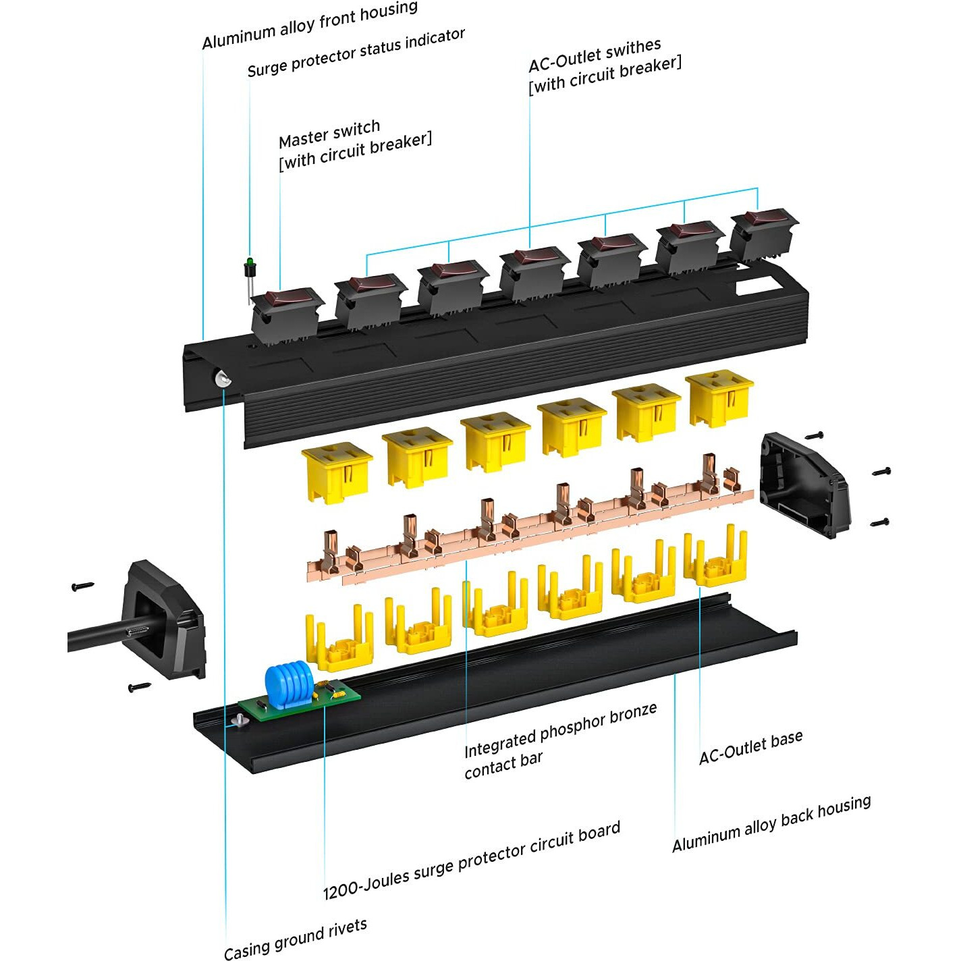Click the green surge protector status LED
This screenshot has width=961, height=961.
249,262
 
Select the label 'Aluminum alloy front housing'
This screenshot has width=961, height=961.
310,26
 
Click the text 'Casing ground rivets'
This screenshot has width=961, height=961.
295,939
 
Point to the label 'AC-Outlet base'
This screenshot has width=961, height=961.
750,747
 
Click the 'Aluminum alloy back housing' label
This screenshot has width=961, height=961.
771,824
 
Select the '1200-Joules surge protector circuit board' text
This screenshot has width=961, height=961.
471,861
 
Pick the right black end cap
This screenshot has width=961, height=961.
803,483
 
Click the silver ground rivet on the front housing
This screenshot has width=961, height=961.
222,379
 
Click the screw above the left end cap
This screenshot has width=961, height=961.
83,586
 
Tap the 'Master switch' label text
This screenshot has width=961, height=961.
329,133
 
